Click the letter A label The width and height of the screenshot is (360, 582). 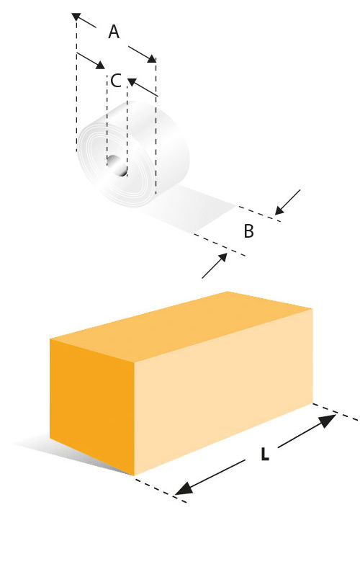coord(114,32)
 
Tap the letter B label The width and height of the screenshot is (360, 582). coord(248,231)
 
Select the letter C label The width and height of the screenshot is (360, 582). coord(116,81)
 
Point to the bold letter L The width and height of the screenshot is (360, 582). coord(264,454)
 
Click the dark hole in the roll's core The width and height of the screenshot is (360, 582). coord(117,166)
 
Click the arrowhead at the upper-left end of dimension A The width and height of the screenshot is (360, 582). coord(76,17)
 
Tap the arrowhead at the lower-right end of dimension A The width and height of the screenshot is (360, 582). coord(151,58)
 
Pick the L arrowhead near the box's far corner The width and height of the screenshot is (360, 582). coord(327,421)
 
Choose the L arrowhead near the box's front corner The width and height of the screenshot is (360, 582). coord(184,488)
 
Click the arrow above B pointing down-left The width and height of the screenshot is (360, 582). coord(287,202)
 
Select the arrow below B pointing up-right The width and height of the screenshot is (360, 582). coord(215,265)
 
